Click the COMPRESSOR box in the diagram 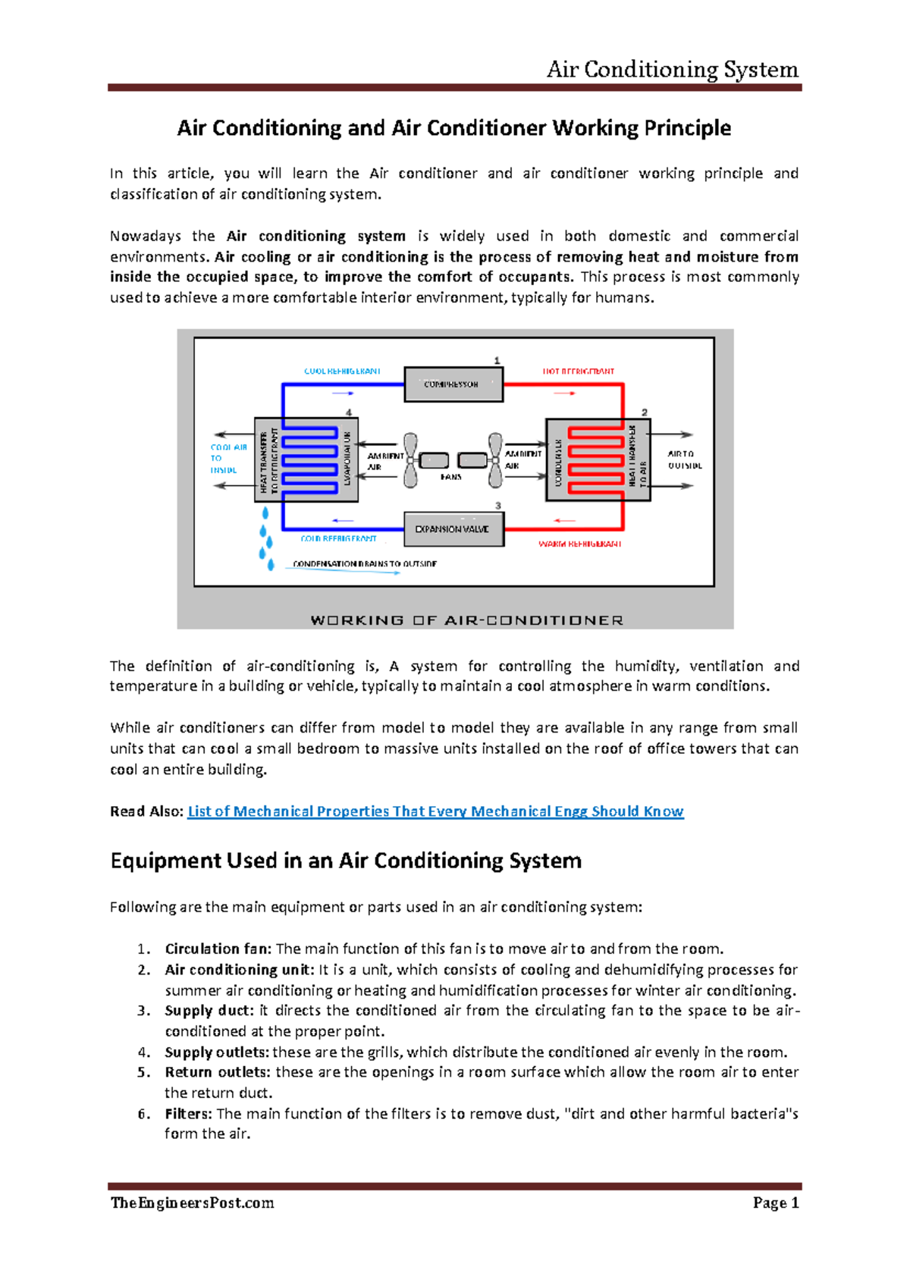point(453,384)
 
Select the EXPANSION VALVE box point(453,529)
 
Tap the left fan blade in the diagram point(410,460)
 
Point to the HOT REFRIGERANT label point(578,372)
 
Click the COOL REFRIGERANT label point(342,372)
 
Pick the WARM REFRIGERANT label point(580,544)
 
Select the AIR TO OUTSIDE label point(684,460)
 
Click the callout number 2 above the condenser point(645,412)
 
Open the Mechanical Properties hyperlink point(435,811)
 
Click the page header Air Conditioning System point(672,70)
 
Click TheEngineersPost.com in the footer point(192,1203)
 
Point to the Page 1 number point(776,1203)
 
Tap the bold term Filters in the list point(188,1114)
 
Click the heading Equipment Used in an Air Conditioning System point(346,861)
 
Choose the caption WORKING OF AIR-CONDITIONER point(466,620)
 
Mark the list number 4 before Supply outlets point(144,1052)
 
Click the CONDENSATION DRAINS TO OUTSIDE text point(364,564)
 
